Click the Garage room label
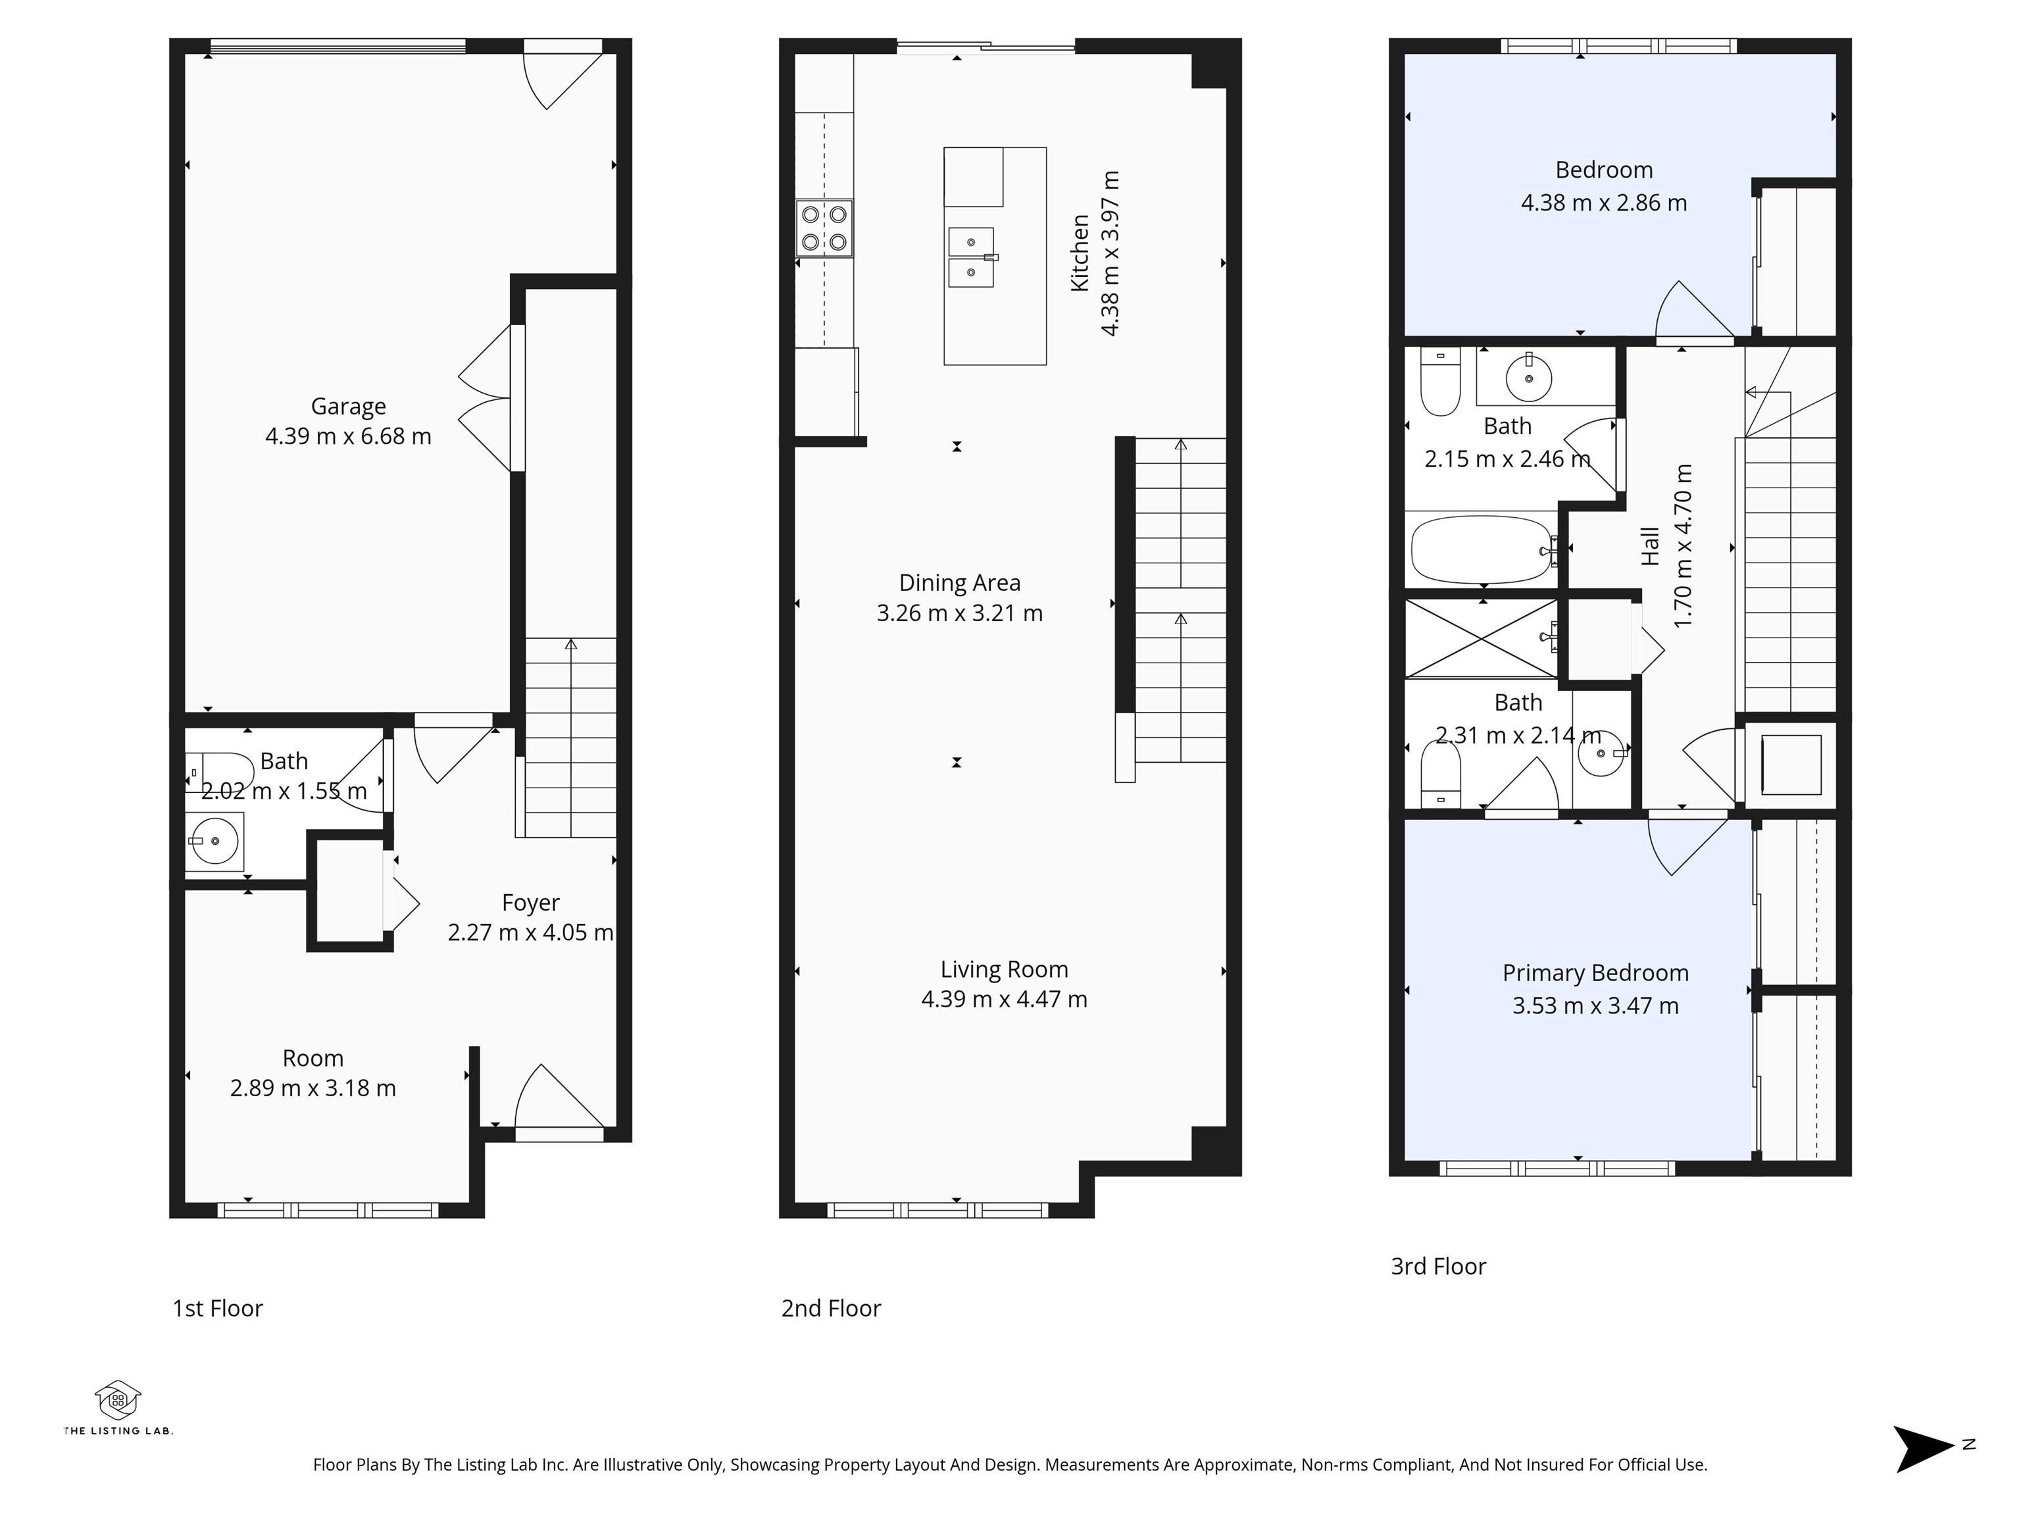click(348, 406)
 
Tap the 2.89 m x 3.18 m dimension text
click(312, 1088)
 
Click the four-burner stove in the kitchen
click(824, 228)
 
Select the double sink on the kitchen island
click(971, 258)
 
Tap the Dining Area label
click(959, 583)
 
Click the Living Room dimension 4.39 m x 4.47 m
click(1004, 999)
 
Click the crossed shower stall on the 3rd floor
click(1481, 639)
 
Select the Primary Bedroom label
click(1595, 973)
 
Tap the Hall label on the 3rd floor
click(1650, 546)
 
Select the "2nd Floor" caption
click(830, 1309)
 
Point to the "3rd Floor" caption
click(1438, 1267)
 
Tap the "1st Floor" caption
click(218, 1309)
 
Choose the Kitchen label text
click(1080, 253)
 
